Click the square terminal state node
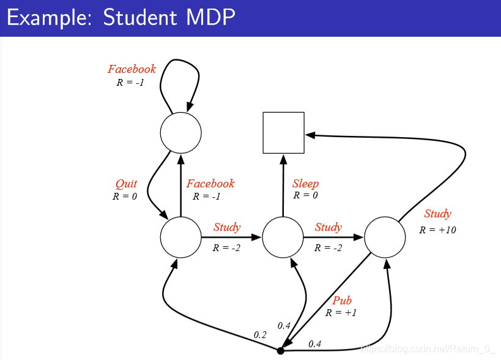click(x=283, y=132)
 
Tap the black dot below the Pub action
click(x=281, y=351)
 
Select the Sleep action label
click(x=305, y=184)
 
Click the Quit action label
click(x=126, y=184)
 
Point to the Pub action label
click(x=342, y=301)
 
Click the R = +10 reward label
click(x=437, y=230)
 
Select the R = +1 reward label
click(x=341, y=312)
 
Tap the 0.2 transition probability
click(x=260, y=335)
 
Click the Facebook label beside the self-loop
click(x=132, y=69)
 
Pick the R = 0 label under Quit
click(x=124, y=197)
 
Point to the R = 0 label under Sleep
click(x=305, y=195)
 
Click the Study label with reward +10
click(x=437, y=214)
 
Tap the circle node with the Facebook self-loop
click(x=180, y=132)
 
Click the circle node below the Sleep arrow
click(x=283, y=236)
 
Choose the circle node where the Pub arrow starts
click(x=385, y=236)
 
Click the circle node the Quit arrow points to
click(x=180, y=236)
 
